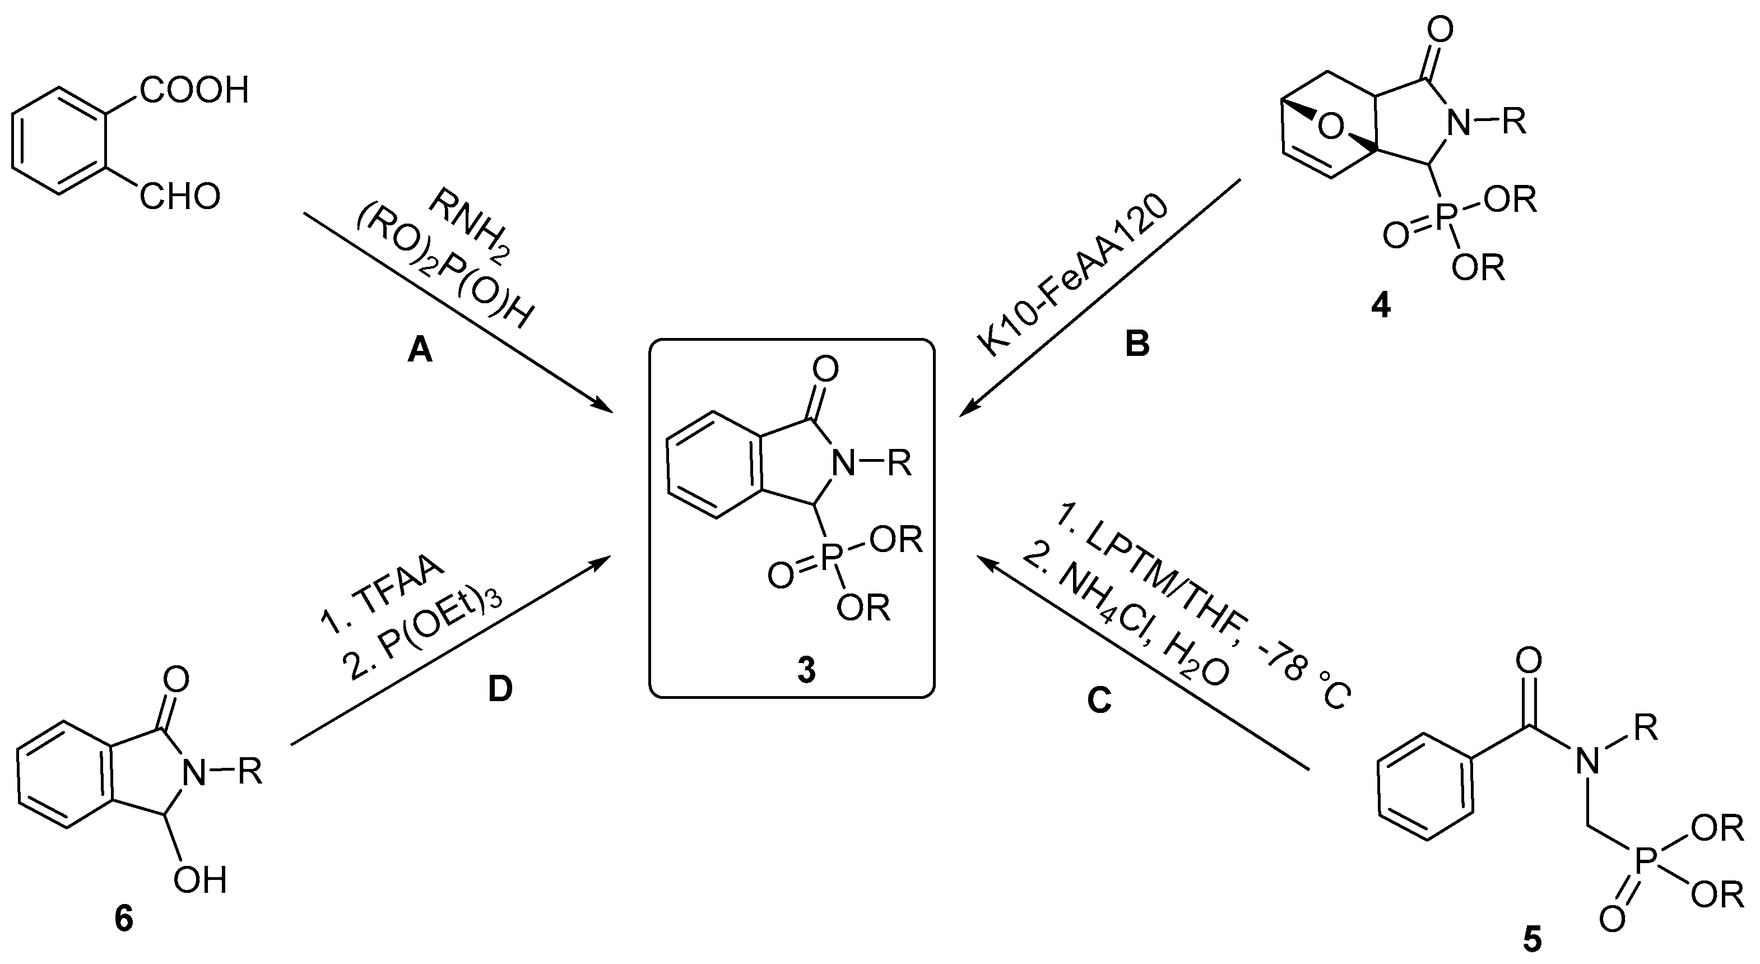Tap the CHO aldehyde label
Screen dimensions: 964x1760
pos(180,197)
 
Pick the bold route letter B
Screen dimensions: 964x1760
pos(1137,344)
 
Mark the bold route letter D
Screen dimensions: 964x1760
pos(500,690)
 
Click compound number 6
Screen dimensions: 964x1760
pos(124,919)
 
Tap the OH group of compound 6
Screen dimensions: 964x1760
pos(199,880)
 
